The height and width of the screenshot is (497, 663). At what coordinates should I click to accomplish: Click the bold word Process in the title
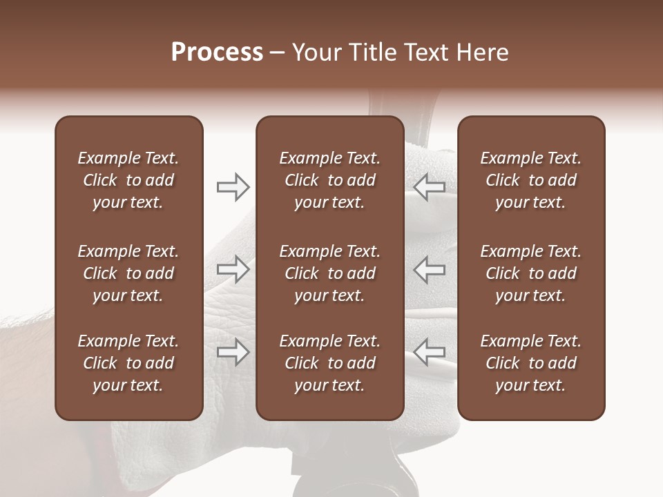pyautogui.click(x=217, y=52)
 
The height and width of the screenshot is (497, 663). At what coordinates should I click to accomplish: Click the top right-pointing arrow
pyautogui.click(x=233, y=187)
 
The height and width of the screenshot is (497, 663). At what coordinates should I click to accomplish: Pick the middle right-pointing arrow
pyautogui.click(x=233, y=269)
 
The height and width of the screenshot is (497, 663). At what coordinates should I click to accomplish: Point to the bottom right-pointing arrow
pyautogui.click(x=233, y=352)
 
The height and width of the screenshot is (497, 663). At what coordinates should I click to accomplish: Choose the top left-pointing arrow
pyautogui.click(x=430, y=187)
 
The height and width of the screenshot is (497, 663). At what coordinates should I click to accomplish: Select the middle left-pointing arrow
pyautogui.click(x=430, y=269)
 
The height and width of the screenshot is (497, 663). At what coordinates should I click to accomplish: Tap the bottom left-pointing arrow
pyautogui.click(x=430, y=352)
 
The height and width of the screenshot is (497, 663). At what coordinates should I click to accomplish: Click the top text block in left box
pyautogui.click(x=128, y=180)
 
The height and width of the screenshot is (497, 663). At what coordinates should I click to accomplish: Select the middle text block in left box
pyautogui.click(x=128, y=273)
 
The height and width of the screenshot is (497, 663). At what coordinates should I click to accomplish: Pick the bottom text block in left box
pyautogui.click(x=128, y=363)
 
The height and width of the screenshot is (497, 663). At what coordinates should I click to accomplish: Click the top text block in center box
pyautogui.click(x=330, y=180)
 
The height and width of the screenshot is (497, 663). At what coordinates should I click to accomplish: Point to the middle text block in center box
pyautogui.click(x=330, y=273)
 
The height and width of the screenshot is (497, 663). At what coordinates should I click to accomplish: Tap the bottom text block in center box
pyautogui.click(x=330, y=363)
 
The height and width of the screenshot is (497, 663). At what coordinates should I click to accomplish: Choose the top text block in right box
pyautogui.click(x=531, y=180)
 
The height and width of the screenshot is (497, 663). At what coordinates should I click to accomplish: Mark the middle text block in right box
pyautogui.click(x=531, y=273)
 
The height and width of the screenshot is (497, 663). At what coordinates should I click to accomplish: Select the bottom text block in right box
pyautogui.click(x=531, y=363)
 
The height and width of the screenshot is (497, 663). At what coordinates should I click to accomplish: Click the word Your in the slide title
pyautogui.click(x=317, y=52)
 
